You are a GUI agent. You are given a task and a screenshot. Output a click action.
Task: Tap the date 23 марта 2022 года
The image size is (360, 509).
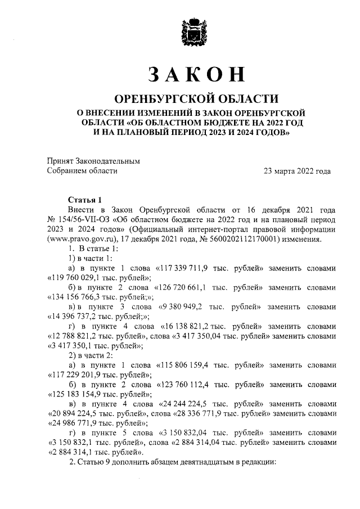click(x=297, y=172)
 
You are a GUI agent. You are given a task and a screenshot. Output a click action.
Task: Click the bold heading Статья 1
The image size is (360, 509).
click(x=84, y=199)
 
